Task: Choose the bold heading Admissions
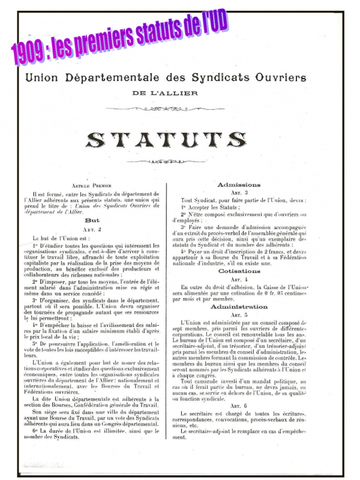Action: [x=239, y=184]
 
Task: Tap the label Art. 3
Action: [x=239, y=192]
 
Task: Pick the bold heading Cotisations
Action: [x=239, y=271]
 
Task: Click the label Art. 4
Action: [x=239, y=280]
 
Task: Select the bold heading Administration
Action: [x=239, y=306]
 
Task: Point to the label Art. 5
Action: [x=239, y=314]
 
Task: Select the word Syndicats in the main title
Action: [x=215, y=78]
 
